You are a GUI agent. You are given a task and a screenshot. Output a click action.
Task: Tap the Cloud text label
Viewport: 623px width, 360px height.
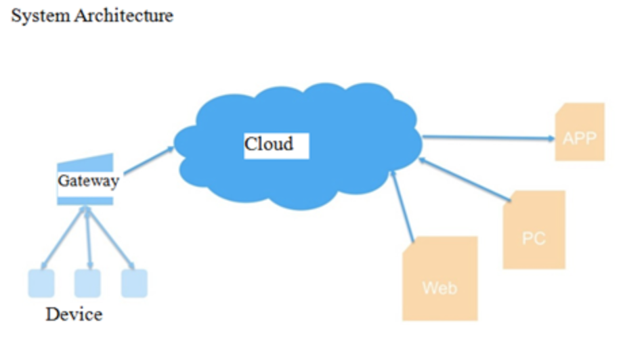coord(269,144)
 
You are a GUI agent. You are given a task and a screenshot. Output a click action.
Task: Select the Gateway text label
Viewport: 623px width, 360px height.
coord(88,181)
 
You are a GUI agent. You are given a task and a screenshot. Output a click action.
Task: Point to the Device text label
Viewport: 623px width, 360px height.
coord(74,315)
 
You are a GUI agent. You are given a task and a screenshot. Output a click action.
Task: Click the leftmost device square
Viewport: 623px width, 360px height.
coord(41,283)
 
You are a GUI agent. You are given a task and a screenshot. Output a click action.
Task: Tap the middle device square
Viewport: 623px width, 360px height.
coord(88,283)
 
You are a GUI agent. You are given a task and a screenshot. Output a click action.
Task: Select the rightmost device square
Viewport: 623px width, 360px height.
coord(134,283)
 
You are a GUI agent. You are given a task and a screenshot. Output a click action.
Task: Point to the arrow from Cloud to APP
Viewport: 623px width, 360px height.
coord(488,138)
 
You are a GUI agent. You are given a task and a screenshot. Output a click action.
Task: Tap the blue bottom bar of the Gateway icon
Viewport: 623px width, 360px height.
coord(85,200)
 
